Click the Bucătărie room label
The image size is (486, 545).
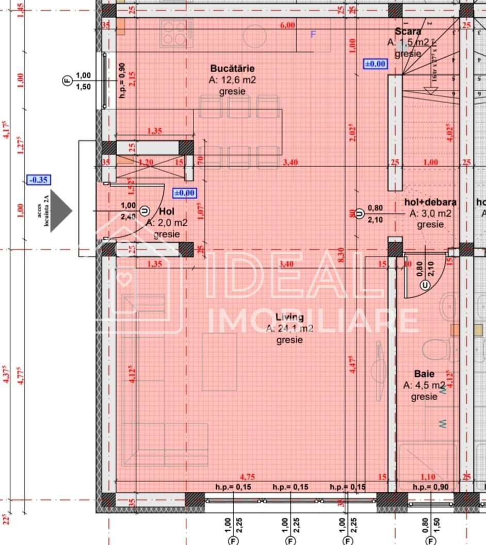click(232, 69)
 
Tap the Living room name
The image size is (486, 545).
click(289, 317)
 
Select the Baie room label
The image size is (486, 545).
click(424, 374)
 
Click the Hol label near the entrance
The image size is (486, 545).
click(167, 211)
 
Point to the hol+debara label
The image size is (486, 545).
click(432, 202)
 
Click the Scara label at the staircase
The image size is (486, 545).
click(409, 31)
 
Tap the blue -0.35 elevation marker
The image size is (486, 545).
click(39, 180)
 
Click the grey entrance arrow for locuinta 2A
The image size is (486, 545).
click(61, 210)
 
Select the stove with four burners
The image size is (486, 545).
click(175, 33)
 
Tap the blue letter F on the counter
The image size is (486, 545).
click(312, 35)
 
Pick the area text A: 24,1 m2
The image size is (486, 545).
click(289, 328)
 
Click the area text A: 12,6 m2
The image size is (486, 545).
click(232, 80)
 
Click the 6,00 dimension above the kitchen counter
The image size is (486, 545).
click(287, 25)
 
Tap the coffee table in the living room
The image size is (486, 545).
click(219, 361)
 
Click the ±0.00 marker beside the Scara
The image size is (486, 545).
click(375, 64)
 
